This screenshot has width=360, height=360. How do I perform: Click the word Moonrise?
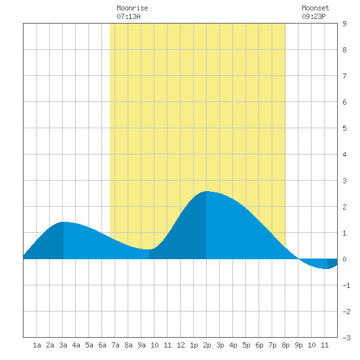(132, 8)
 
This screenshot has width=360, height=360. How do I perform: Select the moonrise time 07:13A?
(128, 16)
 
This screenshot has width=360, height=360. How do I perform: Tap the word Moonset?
(315, 8)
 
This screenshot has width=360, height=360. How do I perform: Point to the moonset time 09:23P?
(314, 16)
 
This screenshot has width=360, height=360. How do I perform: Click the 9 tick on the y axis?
(344, 24)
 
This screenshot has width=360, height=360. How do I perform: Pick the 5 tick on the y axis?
(344, 128)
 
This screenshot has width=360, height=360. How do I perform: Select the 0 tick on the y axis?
(344, 259)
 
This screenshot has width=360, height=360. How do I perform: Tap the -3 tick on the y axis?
(347, 338)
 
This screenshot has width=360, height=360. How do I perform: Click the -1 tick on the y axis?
(347, 285)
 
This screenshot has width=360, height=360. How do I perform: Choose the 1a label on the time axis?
(37, 345)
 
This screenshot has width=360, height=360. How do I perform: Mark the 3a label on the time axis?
(63, 345)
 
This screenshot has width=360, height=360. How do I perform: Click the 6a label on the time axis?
(102, 345)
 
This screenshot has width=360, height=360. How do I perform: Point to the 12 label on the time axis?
(181, 345)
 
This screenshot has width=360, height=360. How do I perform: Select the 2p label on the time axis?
(207, 345)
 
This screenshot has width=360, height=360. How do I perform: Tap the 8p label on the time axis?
(285, 345)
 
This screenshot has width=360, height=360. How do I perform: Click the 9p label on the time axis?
(298, 345)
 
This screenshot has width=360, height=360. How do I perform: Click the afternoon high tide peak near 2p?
(206, 191)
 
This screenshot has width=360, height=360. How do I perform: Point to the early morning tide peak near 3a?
(63, 223)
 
